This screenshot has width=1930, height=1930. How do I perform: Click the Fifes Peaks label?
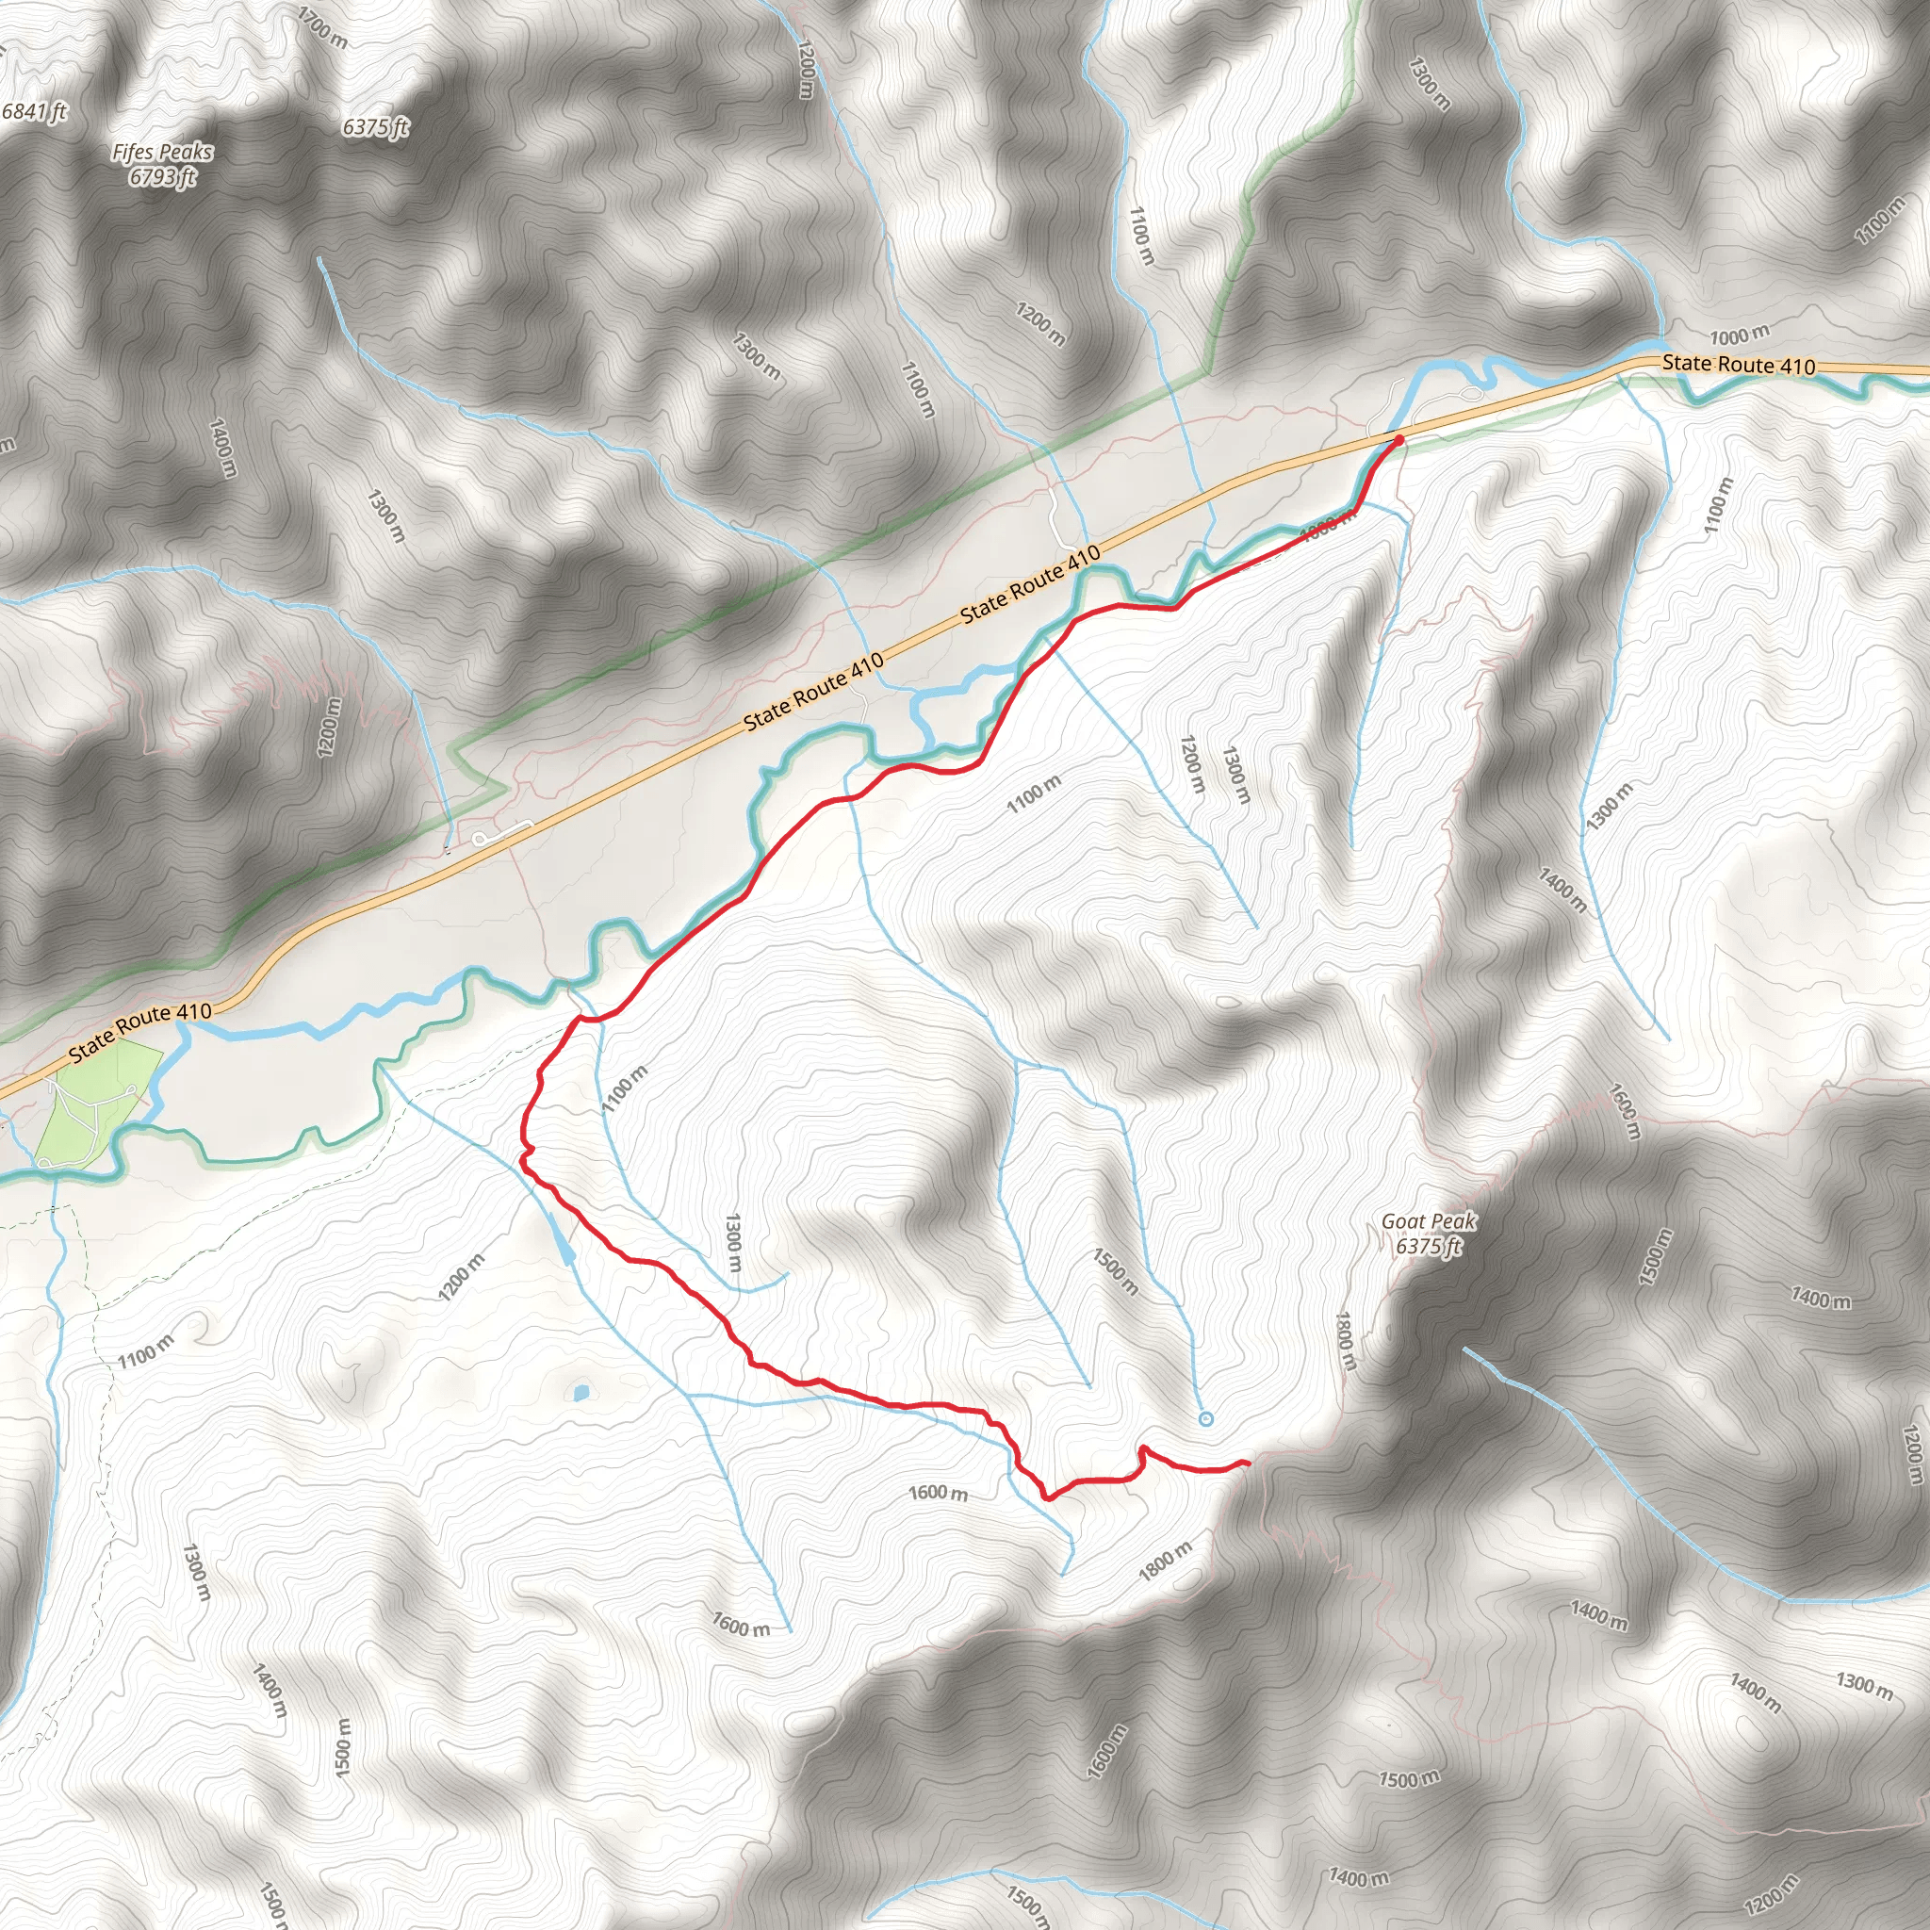point(162,152)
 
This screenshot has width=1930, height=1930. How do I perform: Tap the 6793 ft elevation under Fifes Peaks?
point(162,177)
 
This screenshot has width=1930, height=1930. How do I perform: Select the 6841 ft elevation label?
point(34,111)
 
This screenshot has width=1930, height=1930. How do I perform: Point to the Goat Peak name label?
point(1428,1220)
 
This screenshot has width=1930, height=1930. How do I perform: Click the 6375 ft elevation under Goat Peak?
point(1428,1246)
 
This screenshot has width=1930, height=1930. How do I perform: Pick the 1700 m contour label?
point(322,27)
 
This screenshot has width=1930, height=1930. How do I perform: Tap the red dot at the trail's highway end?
point(1398,439)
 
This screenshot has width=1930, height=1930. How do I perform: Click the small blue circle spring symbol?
point(1205,1418)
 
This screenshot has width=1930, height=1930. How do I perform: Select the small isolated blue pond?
point(581,1392)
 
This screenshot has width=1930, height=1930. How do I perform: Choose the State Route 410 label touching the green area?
point(139,1032)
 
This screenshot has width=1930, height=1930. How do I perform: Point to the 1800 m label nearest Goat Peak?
point(1346,1342)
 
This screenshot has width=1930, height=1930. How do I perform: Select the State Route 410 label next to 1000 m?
point(1738,365)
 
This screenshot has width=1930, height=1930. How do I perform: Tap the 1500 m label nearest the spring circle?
point(1115,1270)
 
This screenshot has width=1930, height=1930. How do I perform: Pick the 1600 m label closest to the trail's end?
point(938,1493)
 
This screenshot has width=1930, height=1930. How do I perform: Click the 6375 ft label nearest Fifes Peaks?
point(376,127)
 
